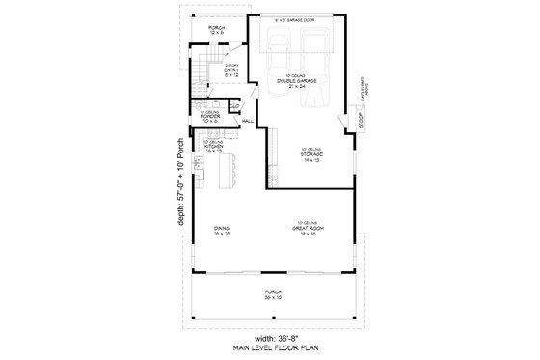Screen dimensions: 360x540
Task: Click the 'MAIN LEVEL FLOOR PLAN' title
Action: [269, 347]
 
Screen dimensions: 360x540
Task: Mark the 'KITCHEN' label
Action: [214, 148]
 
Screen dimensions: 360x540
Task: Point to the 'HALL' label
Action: [247, 121]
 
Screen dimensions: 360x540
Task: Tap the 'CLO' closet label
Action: [234, 105]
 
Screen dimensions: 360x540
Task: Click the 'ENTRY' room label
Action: [232, 72]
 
